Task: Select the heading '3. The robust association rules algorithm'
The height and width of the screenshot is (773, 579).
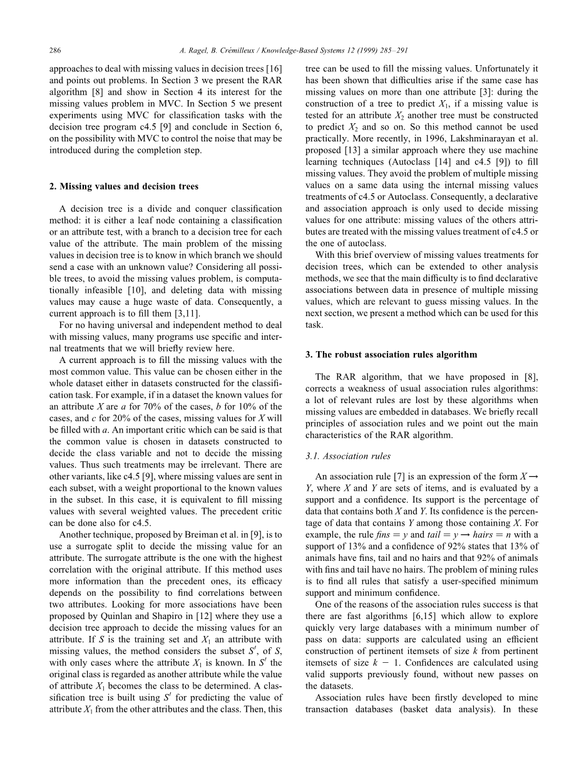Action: click(391, 354)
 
